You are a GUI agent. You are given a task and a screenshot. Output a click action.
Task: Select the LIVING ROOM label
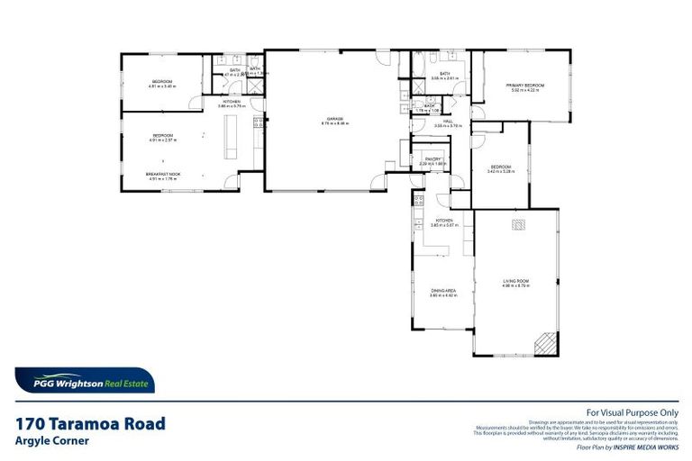(515, 282)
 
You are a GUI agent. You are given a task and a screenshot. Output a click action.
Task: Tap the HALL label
(447, 121)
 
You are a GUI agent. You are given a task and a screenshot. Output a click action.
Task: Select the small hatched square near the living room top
(517, 225)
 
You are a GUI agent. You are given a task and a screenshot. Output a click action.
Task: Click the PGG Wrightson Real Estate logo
(84, 381)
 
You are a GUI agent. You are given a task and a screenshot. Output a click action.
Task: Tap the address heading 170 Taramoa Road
(90, 423)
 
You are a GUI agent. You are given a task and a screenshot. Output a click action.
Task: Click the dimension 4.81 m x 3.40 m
(161, 86)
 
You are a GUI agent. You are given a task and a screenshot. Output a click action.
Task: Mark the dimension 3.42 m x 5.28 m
(501, 171)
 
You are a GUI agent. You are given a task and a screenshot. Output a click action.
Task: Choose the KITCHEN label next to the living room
(443, 221)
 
